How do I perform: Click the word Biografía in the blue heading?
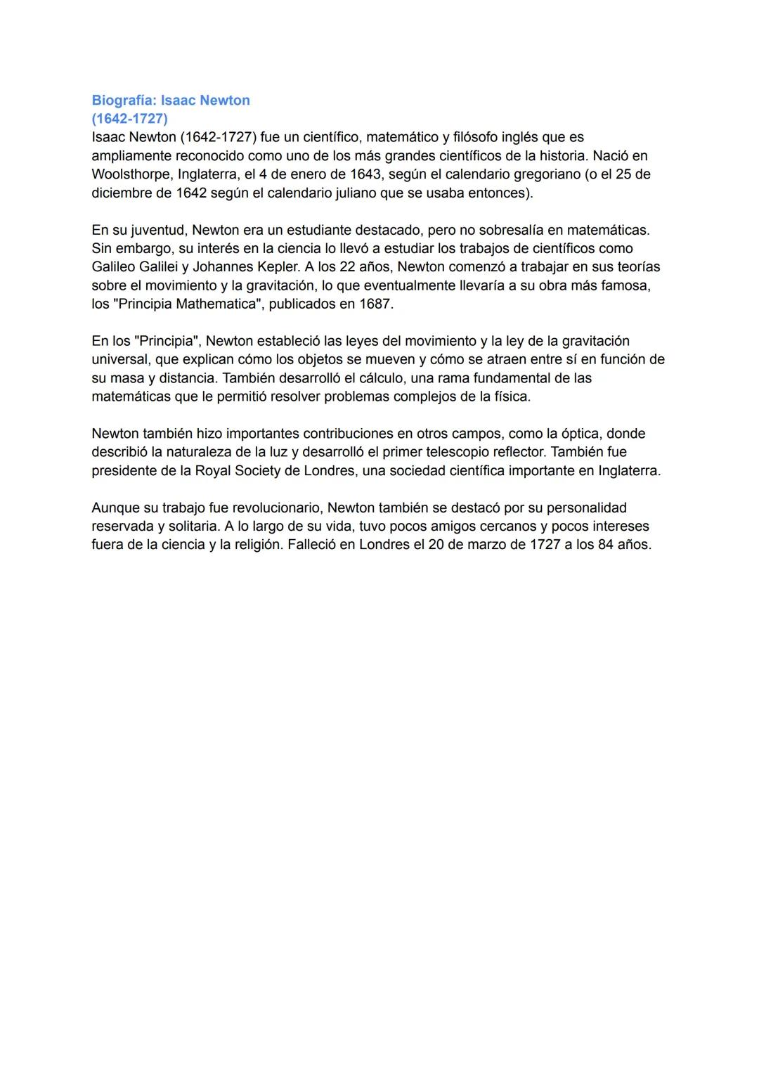(x=122, y=101)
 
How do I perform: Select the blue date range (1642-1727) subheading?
(x=129, y=119)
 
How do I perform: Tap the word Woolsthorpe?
(x=129, y=174)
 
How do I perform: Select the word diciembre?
(x=122, y=193)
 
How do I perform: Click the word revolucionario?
(x=268, y=508)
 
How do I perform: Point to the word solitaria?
(x=191, y=527)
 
